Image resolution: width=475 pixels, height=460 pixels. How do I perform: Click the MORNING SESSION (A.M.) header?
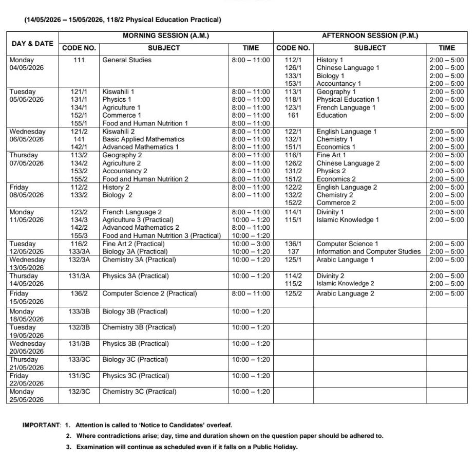[165, 36]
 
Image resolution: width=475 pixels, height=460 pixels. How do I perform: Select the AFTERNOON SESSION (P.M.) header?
[370, 36]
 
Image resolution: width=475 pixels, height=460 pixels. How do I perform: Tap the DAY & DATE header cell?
[32, 43]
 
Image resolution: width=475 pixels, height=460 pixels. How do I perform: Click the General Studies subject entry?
[127, 60]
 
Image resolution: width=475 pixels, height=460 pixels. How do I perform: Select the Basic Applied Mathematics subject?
[143, 139]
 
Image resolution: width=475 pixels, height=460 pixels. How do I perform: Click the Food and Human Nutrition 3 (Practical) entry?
[161, 235]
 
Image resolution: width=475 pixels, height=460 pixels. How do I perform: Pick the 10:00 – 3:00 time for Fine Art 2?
[251, 244]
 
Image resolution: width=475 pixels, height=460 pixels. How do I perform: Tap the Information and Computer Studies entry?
[368, 252]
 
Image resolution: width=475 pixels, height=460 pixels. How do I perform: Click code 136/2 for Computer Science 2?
[79, 293]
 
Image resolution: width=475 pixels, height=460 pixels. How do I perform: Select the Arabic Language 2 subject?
[345, 293]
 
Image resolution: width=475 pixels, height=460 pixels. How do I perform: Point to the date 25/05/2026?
[27, 400]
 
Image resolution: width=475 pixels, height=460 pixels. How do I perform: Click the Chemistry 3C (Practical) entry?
[139, 392]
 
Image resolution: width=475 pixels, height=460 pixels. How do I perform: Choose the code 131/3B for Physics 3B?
[79, 343]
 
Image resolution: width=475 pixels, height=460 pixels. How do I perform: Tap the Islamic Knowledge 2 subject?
[345, 284]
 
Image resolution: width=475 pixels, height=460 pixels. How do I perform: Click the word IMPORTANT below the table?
[41, 425]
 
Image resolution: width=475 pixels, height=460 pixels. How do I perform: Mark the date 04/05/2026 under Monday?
[27, 68]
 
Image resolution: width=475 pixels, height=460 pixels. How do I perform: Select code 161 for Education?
[293, 116]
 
